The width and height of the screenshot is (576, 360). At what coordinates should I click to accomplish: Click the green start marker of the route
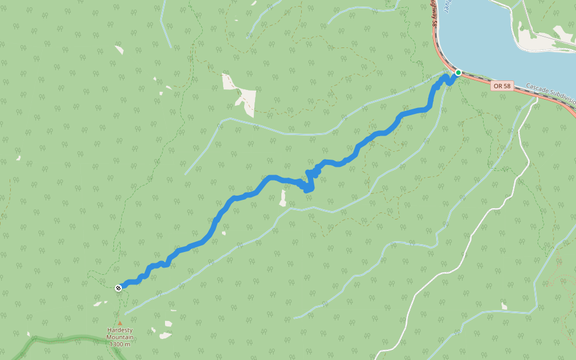coord(458,73)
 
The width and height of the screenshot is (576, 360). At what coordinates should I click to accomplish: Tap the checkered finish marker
coord(119,287)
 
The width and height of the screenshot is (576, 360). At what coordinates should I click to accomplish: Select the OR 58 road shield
coord(502,86)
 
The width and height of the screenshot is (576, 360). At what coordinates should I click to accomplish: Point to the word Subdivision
coord(564,97)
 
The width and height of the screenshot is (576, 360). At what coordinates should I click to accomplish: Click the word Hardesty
coord(119,330)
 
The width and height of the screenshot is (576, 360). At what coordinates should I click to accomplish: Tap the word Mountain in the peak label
coord(119,337)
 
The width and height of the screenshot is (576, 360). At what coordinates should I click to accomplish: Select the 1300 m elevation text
coord(119,344)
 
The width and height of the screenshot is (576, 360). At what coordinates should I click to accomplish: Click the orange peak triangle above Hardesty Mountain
coord(119,323)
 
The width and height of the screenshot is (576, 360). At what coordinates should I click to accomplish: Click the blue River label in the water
coord(448,6)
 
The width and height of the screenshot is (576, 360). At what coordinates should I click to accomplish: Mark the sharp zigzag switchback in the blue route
coord(310,180)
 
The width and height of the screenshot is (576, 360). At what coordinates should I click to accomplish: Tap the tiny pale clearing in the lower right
coord(504,306)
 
